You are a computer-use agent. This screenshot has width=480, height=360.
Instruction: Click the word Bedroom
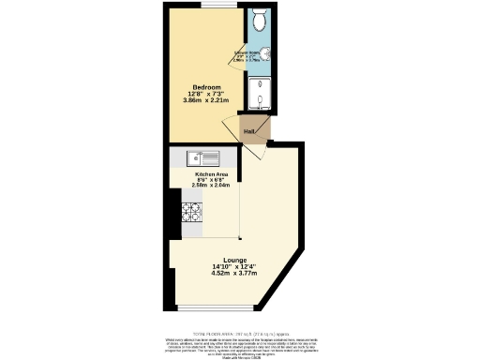207,87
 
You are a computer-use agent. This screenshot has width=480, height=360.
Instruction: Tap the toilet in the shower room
259,19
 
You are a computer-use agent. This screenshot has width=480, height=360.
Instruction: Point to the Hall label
249,131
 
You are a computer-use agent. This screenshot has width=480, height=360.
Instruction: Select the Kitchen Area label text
210,173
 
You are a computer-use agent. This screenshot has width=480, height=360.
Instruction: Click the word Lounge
235,260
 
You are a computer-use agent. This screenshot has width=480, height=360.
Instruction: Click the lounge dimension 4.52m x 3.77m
235,275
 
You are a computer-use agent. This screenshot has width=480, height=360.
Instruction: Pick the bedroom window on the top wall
210,5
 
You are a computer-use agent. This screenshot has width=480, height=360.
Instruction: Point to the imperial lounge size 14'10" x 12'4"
235,267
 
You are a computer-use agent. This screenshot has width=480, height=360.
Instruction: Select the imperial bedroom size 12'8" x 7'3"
207,94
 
